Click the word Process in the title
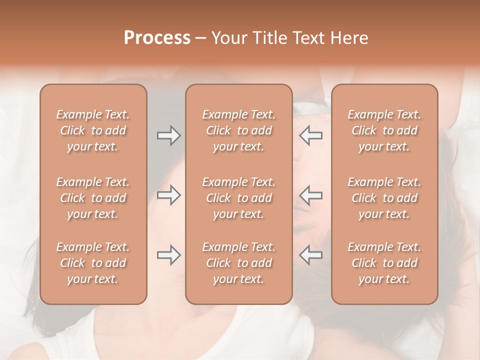(157, 38)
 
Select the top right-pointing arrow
(168, 135)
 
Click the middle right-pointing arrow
(168, 195)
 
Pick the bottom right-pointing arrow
(168, 255)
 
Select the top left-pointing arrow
(311, 135)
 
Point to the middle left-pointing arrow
(311, 195)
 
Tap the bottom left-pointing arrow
(311, 255)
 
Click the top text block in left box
(93, 130)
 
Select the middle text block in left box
(93, 198)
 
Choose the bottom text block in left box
(93, 263)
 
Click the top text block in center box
(238, 130)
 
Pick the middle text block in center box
(238, 198)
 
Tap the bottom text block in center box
(238, 263)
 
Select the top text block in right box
(384, 130)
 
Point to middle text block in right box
(384, 198)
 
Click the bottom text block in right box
(384, 263)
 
